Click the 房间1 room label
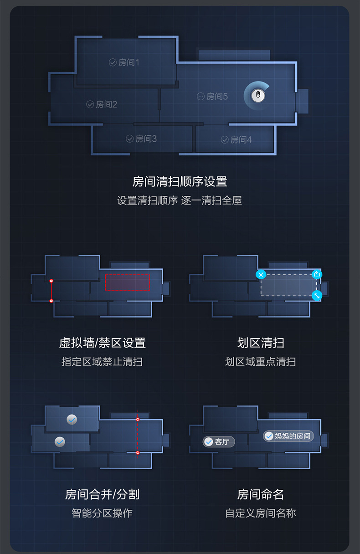coord(124,62)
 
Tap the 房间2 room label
coord(102,104)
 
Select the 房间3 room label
coord(141,139)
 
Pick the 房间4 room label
coord(236,140)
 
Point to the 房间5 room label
coord(212,97)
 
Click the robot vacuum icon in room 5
coord(258,96)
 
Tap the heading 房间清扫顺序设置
coord(180,181)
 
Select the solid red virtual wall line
coord(51,291)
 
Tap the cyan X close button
coord(261,275)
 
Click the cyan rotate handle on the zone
coord(317,274)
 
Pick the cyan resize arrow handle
coord(317,296)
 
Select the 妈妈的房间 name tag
coord(288,436)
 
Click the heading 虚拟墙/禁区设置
coord(102,343)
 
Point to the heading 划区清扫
coord(261,343)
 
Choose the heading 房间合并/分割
coord(102,494)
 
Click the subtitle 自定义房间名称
coord(261,513)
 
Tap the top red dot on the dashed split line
coord(138,420)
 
